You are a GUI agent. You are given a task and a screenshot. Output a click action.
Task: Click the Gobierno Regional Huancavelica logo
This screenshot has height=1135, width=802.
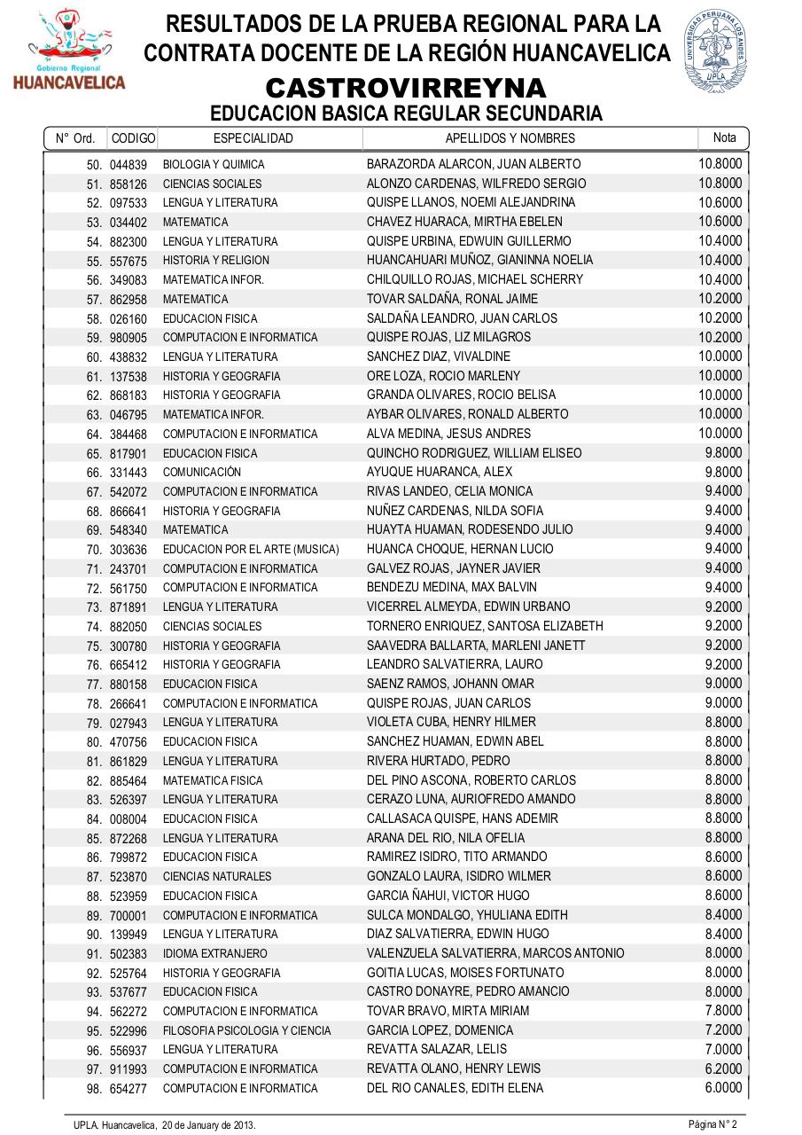tap(69, 50)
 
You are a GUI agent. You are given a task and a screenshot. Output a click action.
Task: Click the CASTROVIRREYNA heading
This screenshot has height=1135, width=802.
tap(406, 89)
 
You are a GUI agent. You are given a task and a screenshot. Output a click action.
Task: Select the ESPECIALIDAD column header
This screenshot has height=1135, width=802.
tap(253, 138)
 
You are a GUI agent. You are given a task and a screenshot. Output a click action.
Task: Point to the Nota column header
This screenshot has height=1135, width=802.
tap(724, 137)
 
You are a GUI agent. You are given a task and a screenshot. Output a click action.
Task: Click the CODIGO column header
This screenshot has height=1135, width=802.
tap(133, 138)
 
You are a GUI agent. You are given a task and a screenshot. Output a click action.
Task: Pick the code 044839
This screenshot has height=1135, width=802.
tap(128, 165)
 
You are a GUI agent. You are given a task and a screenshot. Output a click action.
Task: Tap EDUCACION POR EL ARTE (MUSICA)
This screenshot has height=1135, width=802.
tap(251, 550)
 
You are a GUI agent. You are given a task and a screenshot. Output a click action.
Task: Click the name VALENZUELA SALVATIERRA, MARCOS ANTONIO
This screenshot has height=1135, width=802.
tap(495, 953)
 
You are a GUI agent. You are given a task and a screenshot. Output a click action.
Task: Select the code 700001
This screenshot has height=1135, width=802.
tap(128, 915)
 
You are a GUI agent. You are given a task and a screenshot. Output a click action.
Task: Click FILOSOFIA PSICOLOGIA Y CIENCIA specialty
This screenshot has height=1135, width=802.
tap(246, 1030)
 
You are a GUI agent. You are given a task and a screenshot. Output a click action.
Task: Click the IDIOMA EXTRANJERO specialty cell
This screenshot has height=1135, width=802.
tap(214, 954)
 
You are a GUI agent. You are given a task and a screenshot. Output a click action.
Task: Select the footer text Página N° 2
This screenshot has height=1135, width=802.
tap(712, 1124)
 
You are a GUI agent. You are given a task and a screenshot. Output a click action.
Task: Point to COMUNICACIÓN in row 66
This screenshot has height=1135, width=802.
tap(201, 473)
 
